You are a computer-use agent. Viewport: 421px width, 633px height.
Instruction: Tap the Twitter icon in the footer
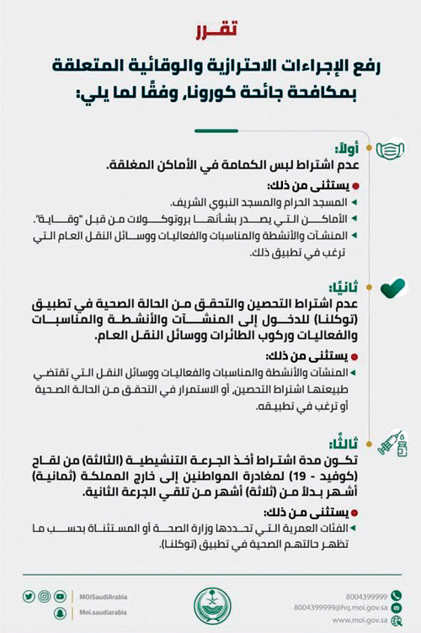click(28, 596)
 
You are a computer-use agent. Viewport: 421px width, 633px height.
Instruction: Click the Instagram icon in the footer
click(44, 596)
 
